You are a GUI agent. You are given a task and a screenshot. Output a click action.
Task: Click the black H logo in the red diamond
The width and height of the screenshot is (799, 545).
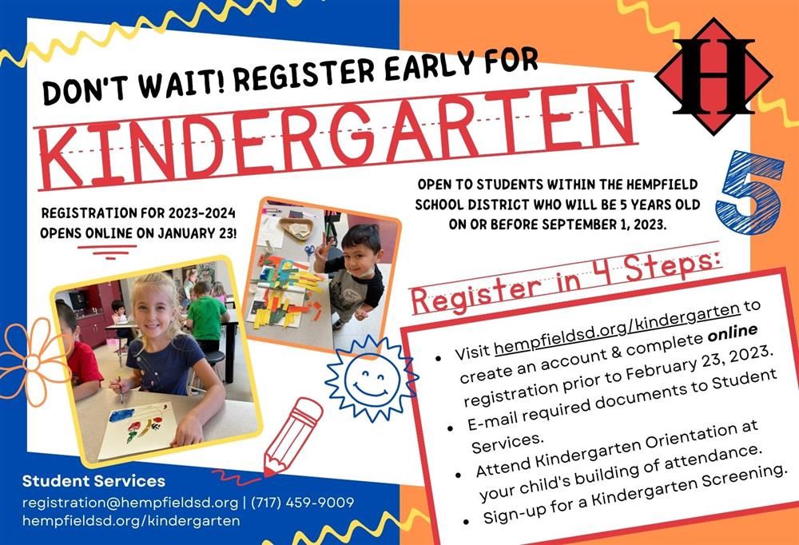[713, 76]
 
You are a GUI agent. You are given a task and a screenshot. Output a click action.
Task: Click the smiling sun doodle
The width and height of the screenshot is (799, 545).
[372, 378]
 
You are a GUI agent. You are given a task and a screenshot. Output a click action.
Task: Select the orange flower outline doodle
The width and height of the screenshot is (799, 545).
[33, 362]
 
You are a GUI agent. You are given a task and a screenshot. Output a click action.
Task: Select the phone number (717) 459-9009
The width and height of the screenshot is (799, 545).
[303, 503]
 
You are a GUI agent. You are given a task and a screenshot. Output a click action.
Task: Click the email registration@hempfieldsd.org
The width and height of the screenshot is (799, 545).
[130, 503]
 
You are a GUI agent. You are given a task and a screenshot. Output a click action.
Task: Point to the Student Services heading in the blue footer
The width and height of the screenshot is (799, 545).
[93, 481]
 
